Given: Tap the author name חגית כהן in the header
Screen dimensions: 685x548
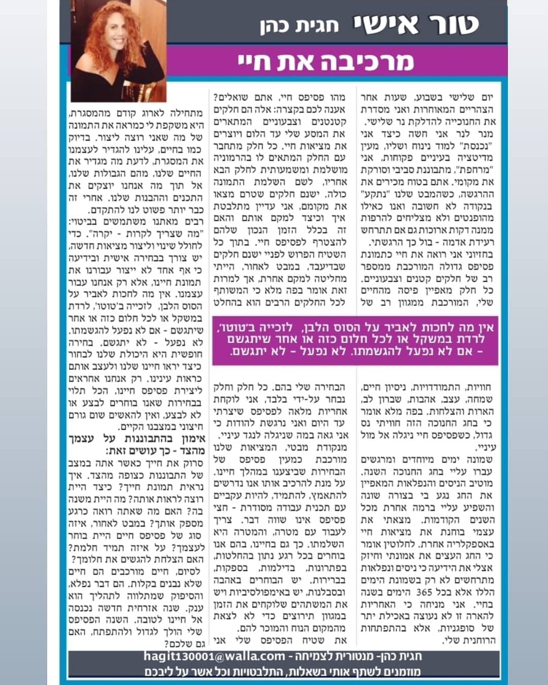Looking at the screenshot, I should (x=299, y=26).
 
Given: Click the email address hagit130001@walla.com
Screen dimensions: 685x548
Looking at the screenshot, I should (x=214, y=656).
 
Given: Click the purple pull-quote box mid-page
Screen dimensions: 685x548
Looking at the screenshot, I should (x=355, y=339).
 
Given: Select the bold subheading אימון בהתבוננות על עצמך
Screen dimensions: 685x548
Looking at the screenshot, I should (x=137, y=439).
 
